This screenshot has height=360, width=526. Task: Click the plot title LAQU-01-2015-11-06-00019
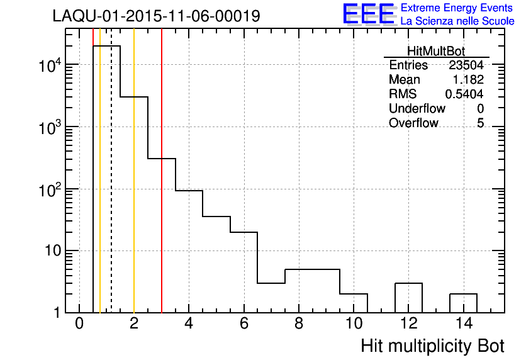click(x=156, y=16)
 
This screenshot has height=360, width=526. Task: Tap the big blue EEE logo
click(x=369, y=14)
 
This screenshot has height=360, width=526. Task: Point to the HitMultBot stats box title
click(x=436, y=52)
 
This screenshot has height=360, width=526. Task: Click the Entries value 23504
click(x=466, y=65)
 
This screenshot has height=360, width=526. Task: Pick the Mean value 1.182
click(x=468, y=80)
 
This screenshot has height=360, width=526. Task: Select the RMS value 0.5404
click(x=464, y=94)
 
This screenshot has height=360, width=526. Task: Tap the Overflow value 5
click(x=480, y=123)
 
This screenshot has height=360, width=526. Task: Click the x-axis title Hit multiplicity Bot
click(x=432, y=346)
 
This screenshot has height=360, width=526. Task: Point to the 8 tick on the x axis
click(x=299, y=324)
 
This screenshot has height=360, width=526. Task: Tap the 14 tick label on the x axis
click(x=463, y=324)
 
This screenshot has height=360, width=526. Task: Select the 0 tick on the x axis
click(x=79, y=324)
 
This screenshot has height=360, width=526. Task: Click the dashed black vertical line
click(x=111, y=189)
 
